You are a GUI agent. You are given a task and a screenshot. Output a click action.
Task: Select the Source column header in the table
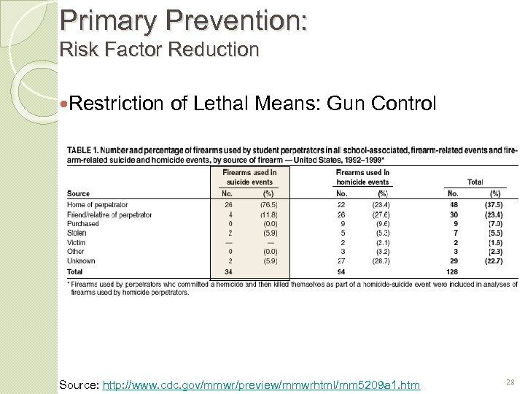78,194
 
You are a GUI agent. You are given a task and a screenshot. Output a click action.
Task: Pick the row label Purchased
82,224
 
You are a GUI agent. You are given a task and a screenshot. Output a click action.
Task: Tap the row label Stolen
77,233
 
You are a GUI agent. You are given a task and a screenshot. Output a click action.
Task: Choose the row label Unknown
81,260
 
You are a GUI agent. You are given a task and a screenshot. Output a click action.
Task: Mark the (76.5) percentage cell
268,206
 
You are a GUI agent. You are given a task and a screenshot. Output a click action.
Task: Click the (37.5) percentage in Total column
494,206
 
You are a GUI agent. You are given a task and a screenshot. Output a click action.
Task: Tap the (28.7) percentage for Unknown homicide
380,260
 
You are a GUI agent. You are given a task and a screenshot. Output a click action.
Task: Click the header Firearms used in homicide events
362,177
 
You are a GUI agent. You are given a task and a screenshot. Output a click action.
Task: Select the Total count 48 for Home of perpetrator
453,206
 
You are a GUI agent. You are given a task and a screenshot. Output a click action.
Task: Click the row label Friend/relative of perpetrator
109,215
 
